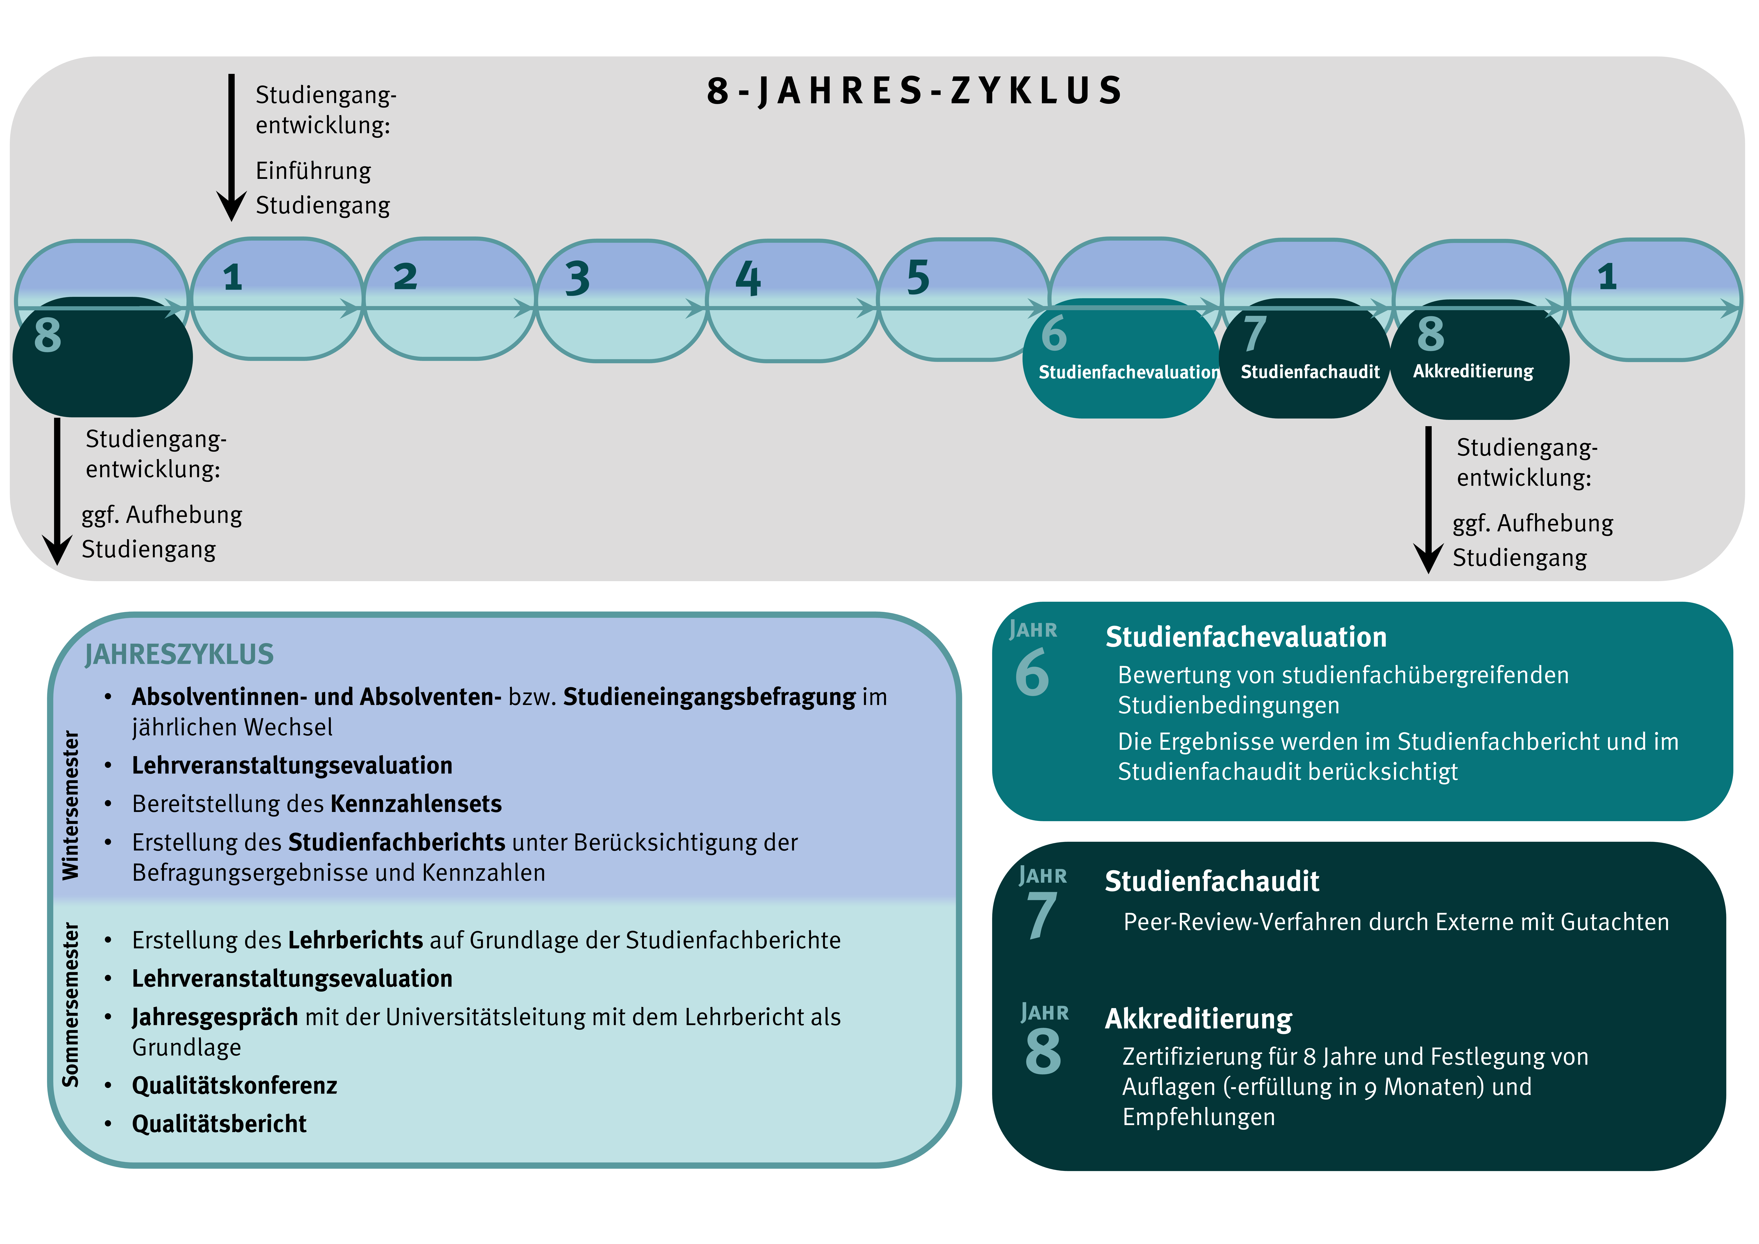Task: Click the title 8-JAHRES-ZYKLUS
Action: (914, 91)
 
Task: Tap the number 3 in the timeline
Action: (578, 278)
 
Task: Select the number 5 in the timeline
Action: (918, 277)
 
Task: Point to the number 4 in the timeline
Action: (748, 278)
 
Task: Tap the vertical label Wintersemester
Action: (71, 805)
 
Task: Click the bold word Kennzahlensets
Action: (416, 804)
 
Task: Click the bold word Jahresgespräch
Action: (214, 1017)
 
